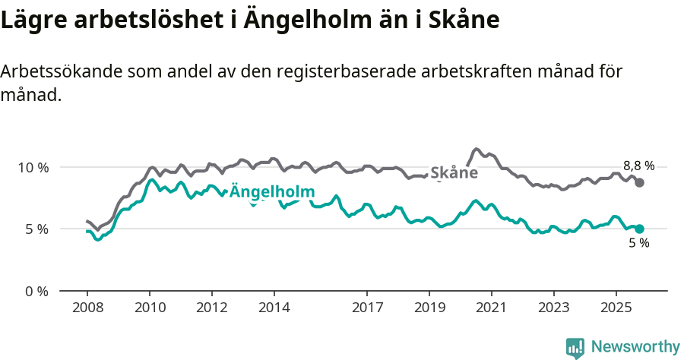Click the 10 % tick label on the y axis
click(33, 167)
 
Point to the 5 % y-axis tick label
click(36, 229)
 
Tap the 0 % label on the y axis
click(36, 291)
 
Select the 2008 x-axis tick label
click(87, 308)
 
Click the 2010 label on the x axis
click(150, 308)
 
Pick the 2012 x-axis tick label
click(212, 308)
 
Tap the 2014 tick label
click(274, 308)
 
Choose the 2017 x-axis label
click(367, 308)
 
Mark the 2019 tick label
click(429, 308)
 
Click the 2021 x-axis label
click(492, 308)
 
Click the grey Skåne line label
click(454, 173)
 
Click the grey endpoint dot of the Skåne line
click(640, 182)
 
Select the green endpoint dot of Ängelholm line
click(640, 229)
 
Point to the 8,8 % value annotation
click(638, 166)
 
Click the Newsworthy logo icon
click(575, 347)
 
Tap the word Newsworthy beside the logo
click(635, 347)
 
